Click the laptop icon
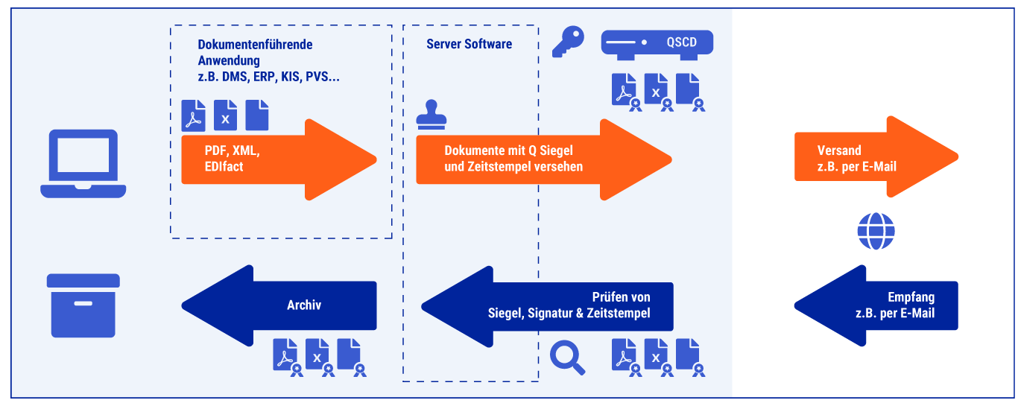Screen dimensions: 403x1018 tap(83, 163)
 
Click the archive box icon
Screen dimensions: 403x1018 tap(83, 305)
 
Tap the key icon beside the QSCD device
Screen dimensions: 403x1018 tap(568, 43)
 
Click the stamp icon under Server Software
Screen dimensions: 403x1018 tap(431, 115)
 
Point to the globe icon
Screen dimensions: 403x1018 tap(876, 231)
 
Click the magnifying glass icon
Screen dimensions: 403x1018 tap(567, 357)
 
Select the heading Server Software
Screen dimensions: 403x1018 tap(469, 44)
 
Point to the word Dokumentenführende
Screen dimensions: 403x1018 tap(255, 45)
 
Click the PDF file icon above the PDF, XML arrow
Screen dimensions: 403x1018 tap(194, 115)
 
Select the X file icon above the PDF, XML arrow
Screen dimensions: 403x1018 tap(225, 115)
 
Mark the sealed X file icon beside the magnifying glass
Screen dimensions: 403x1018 tap(657, 355)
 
